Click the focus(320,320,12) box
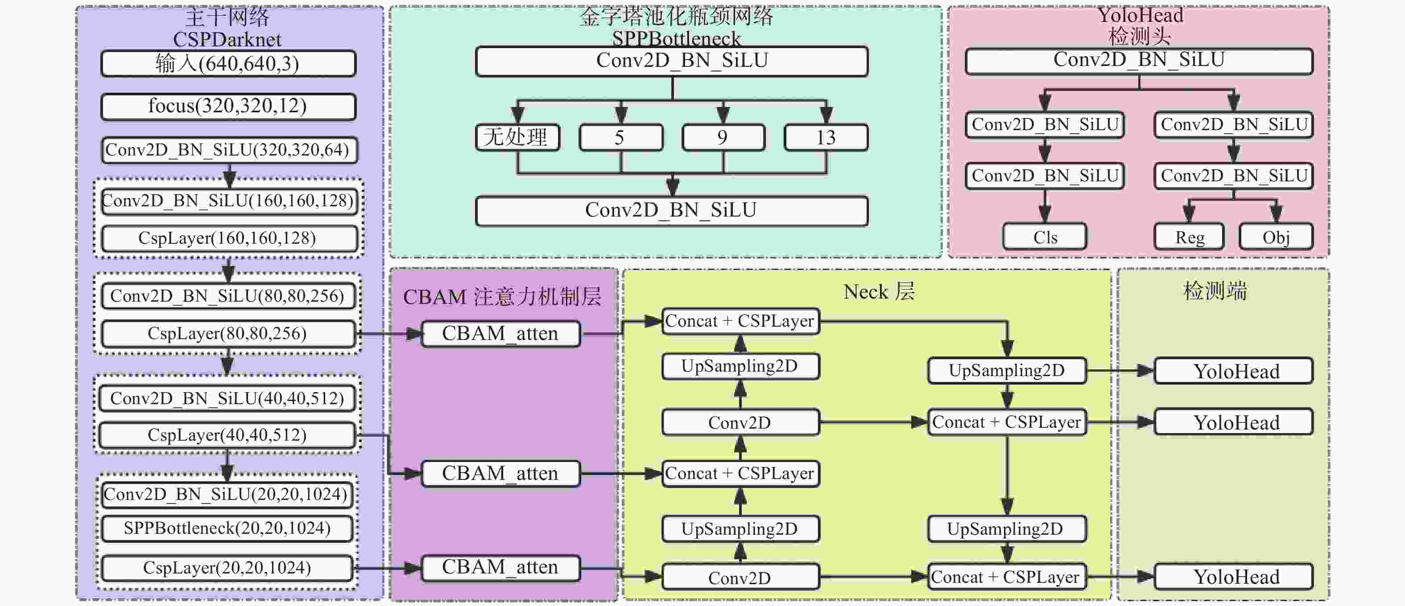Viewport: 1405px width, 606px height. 228,106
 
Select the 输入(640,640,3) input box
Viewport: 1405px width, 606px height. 228,64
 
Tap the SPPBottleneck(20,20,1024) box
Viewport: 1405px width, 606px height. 227,528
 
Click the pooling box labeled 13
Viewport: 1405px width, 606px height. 826,137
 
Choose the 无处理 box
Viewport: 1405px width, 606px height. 517,137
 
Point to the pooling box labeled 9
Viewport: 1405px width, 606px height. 723,137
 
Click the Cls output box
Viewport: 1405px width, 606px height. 1045,237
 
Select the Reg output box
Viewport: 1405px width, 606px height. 1190,237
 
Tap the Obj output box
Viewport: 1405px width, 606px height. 1276,237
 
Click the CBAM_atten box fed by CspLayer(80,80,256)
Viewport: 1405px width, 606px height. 500,333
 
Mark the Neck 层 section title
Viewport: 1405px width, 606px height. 879,291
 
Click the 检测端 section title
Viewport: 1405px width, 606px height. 1215,291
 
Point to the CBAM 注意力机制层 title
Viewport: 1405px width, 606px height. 502,297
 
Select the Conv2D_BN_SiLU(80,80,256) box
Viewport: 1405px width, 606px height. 228,296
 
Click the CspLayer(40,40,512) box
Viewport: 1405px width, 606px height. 227,435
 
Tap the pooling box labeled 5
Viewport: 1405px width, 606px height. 620,137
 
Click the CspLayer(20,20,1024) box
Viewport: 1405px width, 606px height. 227,568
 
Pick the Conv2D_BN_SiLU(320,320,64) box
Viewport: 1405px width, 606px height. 228,150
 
